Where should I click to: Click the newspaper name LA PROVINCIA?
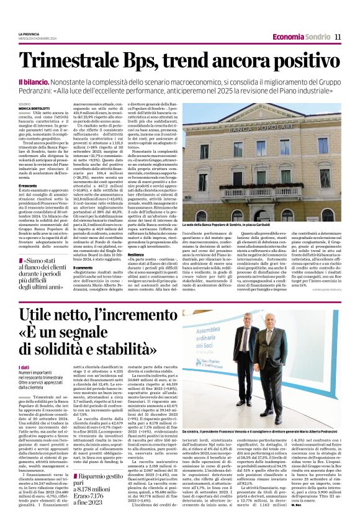(29, 34)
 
